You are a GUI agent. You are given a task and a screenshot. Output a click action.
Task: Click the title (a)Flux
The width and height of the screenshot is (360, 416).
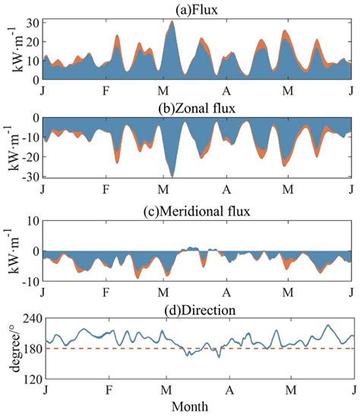tap(199, 8)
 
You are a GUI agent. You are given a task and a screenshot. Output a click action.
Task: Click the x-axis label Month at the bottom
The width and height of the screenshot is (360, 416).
tap(199, 408)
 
